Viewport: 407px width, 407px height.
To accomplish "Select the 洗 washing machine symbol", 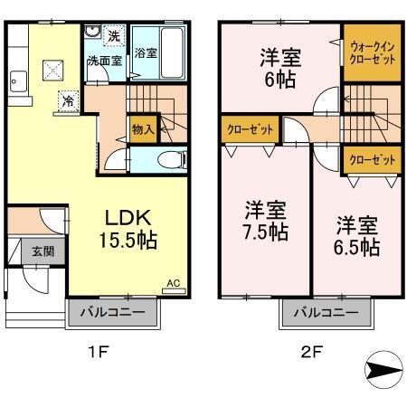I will [x=113, y=37].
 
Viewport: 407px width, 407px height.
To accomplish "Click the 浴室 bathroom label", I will [x=145, y=52].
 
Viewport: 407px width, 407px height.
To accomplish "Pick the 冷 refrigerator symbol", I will [x=69, y=100].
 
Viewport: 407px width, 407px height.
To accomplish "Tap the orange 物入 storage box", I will [x=142, y=129].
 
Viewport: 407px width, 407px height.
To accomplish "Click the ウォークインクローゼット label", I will [x=370, y=52].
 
